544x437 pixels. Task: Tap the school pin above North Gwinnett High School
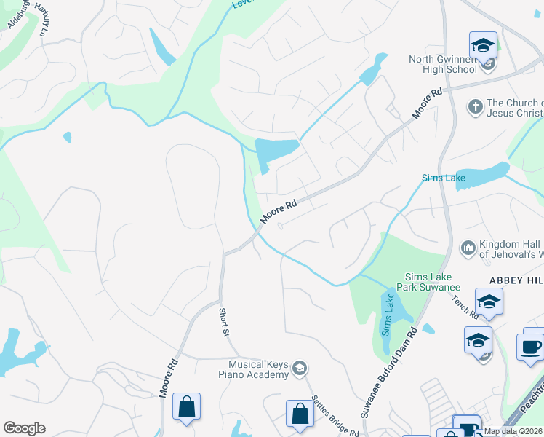pyautogui.click(x=483, y=46)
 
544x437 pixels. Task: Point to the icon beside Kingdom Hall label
pyautogui.click(x=468, y=249)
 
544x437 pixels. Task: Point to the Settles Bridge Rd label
pyautogui.click(x=335, y=416)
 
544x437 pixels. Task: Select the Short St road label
pyautogui.click(x=225, y=321)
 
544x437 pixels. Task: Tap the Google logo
pyautogui.click(x=24, y=428)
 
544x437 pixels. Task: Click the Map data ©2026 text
pyautogui.click(x=513, y=431)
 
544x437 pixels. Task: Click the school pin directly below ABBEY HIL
pyautogui.click(x=489, y=302)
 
